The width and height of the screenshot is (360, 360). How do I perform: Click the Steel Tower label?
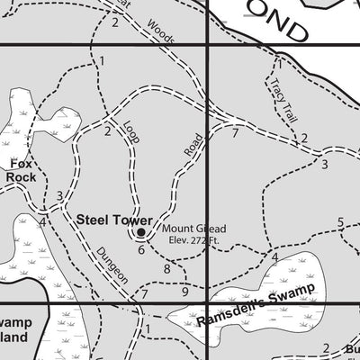pyautogui.click(x=107, y=219)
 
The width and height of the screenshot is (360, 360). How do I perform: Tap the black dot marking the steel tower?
pyautogui.click(x=141, y=233)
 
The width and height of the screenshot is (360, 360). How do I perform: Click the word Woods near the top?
pyautogui.click(x=162, y=33)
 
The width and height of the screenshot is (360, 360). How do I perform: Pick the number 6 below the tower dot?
pyautogui.click(x=141, y=249)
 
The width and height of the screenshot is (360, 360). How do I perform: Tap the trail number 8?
pyautogui.click(x=166, y=269)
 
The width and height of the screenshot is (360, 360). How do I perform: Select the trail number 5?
pyautogui.click(x=341, y=222)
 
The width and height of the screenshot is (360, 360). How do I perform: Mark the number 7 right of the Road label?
pyautogui.click(x=235, y=133)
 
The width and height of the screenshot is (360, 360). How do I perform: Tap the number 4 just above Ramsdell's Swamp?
pyautogui.click(x=274, y=258)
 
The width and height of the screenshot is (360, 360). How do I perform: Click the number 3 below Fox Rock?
pyautogui.click(x=59, y=196)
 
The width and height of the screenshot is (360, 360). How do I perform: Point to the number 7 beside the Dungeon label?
pyautogui.click(x=143, y=294)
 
